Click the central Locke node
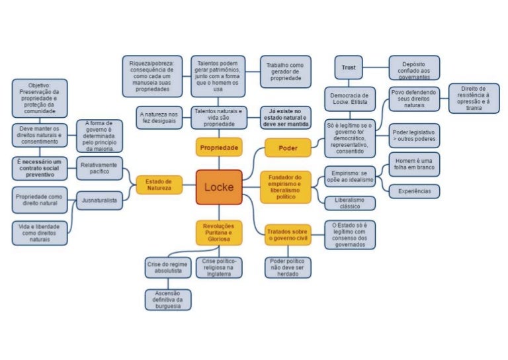pyautogui.click(x=219, y=187)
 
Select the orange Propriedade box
pyautogui.click(x=219, y=146)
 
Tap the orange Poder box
pyautogui.click(x=288, y=148)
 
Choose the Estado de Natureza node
pyautogui.click(x=159, y=185)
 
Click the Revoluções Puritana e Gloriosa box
pyautogui.click(x=219, y=233)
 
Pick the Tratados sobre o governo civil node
pyautogui.click(x=287, y=234)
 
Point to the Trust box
pyautogui.click(x=349, y=67)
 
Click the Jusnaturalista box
pyautogui.click(x=99, y=199)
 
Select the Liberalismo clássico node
pyautogui.click(x=350, y=202)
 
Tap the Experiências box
pyautogui.click(x=414, y=191)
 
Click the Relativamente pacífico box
pyautogui.click(x=99, y=168)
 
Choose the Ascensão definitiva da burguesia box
pyautogui.click(x=168, y=300)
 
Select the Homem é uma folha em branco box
pyautogui.click(x=414, y=165)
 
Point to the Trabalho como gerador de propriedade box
pyautogui.click(x=285, y=72)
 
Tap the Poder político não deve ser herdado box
pyautogui.click(x=287, y=267)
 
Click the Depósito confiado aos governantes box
pyautogui.click(x=414, y=70)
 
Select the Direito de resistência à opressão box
pyautogui.click(x=474, y=98)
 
